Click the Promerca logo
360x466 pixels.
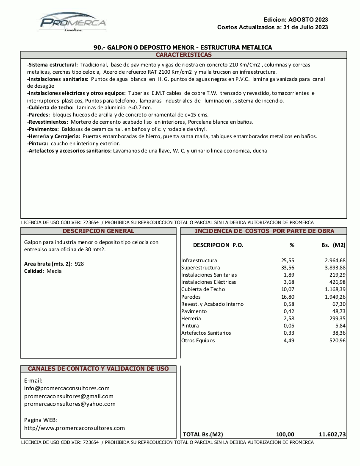[x=73, y=22]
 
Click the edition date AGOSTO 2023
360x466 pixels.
[x=308, y=19]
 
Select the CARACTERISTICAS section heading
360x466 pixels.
[x=183, y=55]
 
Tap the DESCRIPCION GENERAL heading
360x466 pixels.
[x=98, y=231]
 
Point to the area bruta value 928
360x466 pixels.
[x=79, y=264]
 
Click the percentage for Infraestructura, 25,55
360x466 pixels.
[x=288, y=261]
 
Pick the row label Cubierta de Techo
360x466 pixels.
[x=203, y=289]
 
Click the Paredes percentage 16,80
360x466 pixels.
[x=288, y=297]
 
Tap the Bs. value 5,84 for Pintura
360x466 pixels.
[x=340, y=326]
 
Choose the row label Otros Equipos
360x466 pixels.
[x=198, y=341]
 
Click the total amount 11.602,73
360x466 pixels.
[x=332, y=434]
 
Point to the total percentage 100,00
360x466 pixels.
[x=285, y=434]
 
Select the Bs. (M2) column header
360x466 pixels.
[x=333, y=245]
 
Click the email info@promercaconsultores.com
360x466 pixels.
[x=67, y=388]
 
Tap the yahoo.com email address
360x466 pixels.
[x=70, y=404]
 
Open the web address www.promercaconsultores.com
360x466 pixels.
[x=75, y=428]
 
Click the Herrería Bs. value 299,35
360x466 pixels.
[x=338, y=319]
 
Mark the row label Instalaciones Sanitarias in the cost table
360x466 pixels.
[x=209, y=275]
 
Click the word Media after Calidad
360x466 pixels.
[x=54, y=271]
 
